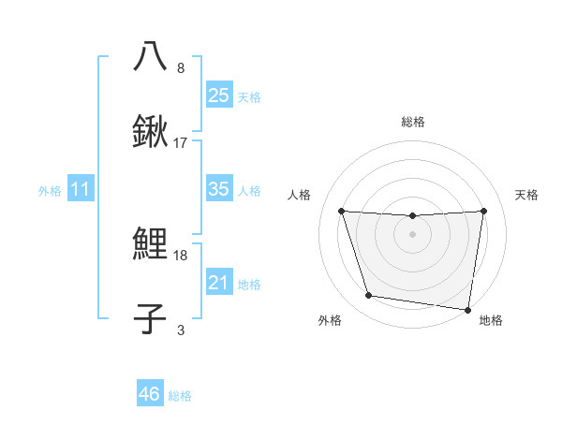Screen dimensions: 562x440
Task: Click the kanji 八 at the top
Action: (150, 56)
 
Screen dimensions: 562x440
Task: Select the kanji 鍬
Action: (150, 131)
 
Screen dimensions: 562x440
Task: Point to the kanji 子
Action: (150, 318)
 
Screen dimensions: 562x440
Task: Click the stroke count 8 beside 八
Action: (181, 68)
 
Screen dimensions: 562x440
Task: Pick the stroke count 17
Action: (181, 143)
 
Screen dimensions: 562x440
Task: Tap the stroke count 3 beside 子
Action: (181, 330)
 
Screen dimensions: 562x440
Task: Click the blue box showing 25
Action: (218, 95)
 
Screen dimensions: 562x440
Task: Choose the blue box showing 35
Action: (218, 189)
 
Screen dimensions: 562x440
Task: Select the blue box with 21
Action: (218, 283)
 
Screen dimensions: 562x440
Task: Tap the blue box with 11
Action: (81, 189)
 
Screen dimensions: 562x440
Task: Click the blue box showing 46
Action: (150, 394)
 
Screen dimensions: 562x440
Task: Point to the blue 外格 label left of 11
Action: (50, 191)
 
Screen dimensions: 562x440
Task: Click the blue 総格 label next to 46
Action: (180, 396)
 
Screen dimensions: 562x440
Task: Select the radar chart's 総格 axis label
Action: (412, 122)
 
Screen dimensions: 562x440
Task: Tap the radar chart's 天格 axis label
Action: (526, 195)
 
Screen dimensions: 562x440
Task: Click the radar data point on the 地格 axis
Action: (468, 309)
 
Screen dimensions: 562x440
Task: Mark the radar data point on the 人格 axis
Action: (342, 211)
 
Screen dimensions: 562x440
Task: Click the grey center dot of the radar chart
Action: (412, 233)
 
